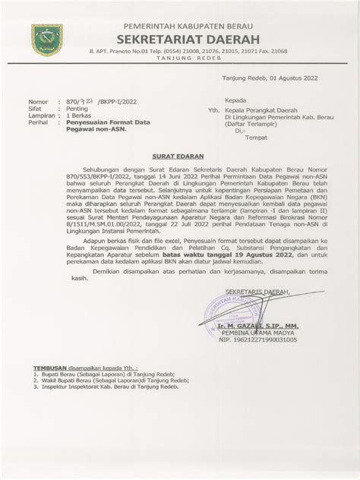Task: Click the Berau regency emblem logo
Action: [x=47, y=39]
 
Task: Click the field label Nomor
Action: [x=38, y=102]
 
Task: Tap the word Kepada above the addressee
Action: [x=235, y=101]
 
